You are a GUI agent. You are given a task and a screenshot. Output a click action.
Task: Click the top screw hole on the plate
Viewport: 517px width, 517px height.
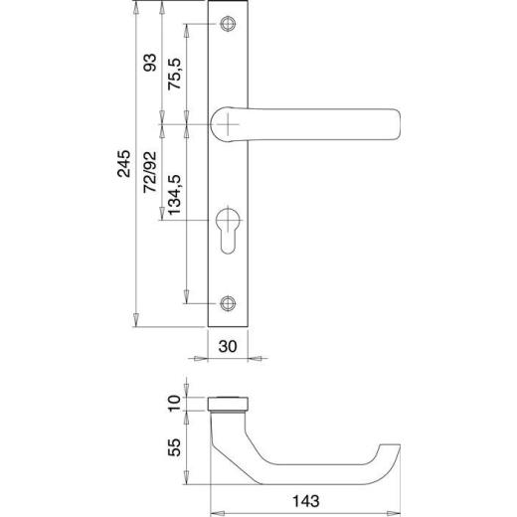click(231, 24)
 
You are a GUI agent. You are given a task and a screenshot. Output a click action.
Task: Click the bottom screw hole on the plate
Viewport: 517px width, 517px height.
click(231, 303)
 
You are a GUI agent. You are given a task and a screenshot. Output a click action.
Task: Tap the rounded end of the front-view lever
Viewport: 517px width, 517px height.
click(395, 124)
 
